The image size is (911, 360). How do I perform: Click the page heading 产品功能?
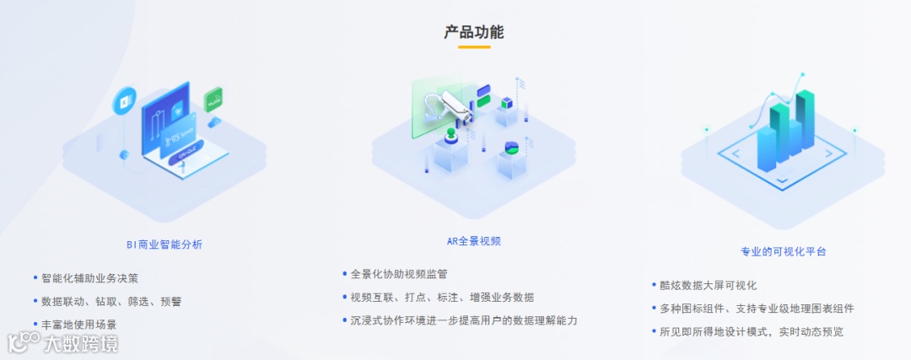pos(473,32)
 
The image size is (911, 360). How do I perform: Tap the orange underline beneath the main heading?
pos(473,47)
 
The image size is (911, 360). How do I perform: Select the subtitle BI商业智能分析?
pos(164,244)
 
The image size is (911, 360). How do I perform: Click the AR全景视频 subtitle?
pos(474,241)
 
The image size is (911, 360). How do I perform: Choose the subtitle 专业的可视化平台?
pos(784,251)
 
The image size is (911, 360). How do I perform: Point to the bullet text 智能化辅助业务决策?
pos(89,277)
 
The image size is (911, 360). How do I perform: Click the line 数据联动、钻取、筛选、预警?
pos(111,301)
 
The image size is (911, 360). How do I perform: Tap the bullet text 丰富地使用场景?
pos(79,325)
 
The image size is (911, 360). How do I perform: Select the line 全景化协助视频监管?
pos(399,274)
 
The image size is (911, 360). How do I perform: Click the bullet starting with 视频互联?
pos(442,297)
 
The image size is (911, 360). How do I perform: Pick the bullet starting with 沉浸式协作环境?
pos(464,320)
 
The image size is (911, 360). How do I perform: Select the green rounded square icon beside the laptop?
pos(214,99)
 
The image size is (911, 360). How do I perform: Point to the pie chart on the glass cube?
pos(512,148)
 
